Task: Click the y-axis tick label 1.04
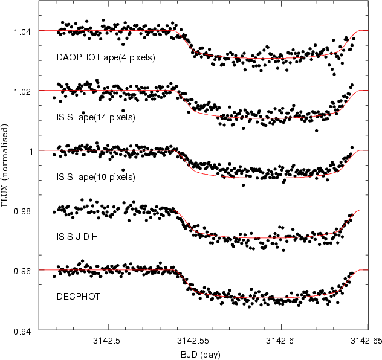(x=22, y=32)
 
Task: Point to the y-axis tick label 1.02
(x=22, y=92)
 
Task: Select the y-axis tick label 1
(x=31, y=152)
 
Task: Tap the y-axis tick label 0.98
(x=22, y=211)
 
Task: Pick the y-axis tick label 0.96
(x=22, y=271)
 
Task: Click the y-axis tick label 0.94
(x=22, y=332)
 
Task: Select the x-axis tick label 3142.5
(x=106, y=341)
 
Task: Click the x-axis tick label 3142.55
(x=193, y=341)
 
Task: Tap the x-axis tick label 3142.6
(x=280, y=341)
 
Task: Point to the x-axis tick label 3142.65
(x=366, y=341)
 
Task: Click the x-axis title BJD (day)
(x=201, y=355)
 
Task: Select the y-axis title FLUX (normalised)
(x=5, y=166)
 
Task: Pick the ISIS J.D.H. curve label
(x=79, y=236)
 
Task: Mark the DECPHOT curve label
(x=79, y=296)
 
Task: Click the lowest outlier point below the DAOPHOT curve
(x=334, y=74)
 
